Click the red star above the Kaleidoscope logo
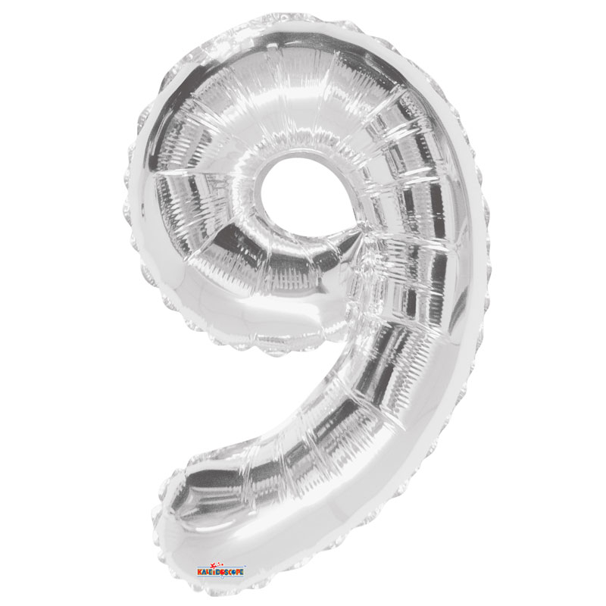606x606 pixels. [x=214, y=566]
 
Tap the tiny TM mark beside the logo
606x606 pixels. [x=245, y=566]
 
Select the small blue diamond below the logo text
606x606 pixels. [x=222, y=577]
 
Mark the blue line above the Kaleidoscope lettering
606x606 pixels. [x=220, y=567]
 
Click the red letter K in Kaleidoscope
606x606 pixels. [x=199, y=572]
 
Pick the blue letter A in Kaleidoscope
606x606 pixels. [x=204, y=572]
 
